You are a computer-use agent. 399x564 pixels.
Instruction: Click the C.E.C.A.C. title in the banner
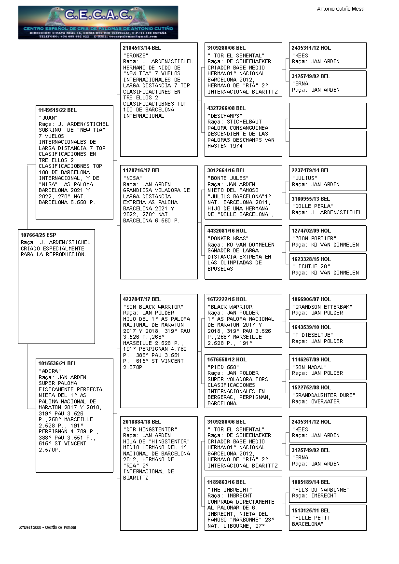98,15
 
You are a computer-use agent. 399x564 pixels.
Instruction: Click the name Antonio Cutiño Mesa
340,9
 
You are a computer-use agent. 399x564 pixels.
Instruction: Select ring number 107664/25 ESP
39,235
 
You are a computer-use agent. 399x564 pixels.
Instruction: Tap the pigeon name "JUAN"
48,117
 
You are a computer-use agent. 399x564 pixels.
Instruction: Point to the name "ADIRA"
50,371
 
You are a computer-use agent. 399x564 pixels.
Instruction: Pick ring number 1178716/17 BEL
142,170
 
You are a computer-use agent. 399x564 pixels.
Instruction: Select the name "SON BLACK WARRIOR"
153,307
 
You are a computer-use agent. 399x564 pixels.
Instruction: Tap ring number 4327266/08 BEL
226,108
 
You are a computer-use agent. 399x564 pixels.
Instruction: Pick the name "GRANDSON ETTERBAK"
322,307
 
